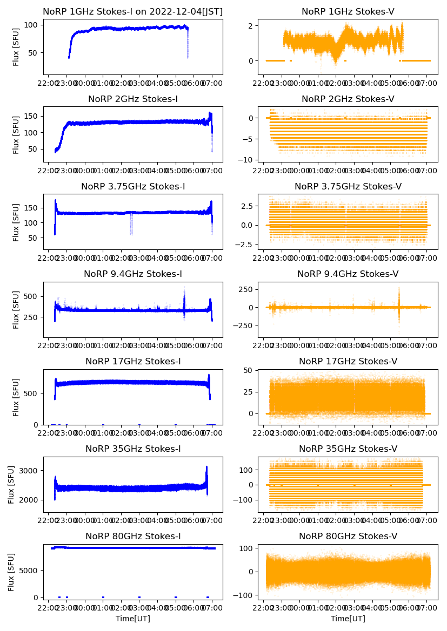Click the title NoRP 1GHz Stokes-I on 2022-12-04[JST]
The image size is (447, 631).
coord(132,11)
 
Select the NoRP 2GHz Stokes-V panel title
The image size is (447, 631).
coord(348,99)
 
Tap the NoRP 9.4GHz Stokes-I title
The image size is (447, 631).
coord(132,274)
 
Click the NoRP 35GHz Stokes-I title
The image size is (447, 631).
coord(132,449)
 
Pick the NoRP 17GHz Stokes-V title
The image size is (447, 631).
coord(348,362)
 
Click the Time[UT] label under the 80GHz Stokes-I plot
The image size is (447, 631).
coord(132,619)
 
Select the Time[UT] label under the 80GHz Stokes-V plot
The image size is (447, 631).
coord(348,619)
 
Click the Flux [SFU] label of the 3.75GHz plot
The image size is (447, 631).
coord(16,222)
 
